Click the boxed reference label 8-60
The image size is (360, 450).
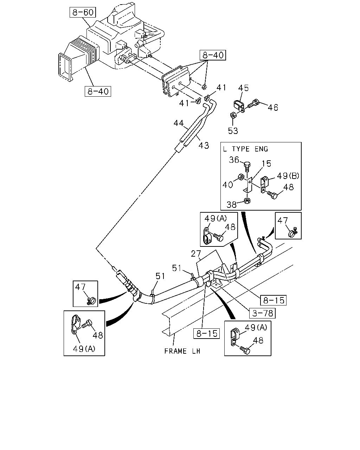pyautogui.click(x=83, y=12)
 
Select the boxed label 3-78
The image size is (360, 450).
pyautogui.click(x=262, y=313)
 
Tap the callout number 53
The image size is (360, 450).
pyautogui.click(x=233, y=131)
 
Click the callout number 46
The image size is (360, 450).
pyautogui.click(x=273, y=108)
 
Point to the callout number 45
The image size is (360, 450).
pyautogui.click(x=243, y=88)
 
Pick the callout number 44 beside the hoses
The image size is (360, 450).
pyautogui.click(x=179, y=123)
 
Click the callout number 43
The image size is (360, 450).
pyautogui.click(x=204, y=145)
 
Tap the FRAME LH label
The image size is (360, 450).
pyautogui.click(x=182, y=351)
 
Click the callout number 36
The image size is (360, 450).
pyautogui.click(x=234, y=160)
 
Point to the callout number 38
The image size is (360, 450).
pyautogui.click(x=232, y=205)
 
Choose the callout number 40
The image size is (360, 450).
pyautogui.click(x=227, y=185)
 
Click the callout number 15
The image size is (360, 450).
pyautogui.click(x=266, y=163)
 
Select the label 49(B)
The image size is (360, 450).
pyautogui.click(x=288, y=176)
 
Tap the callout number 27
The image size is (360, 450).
pyautogui.click(x=196, y=254)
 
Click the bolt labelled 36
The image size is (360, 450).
pyautogui.click(x=247, y=166)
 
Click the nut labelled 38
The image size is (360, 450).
pyautogui.click(x=247, y=200)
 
